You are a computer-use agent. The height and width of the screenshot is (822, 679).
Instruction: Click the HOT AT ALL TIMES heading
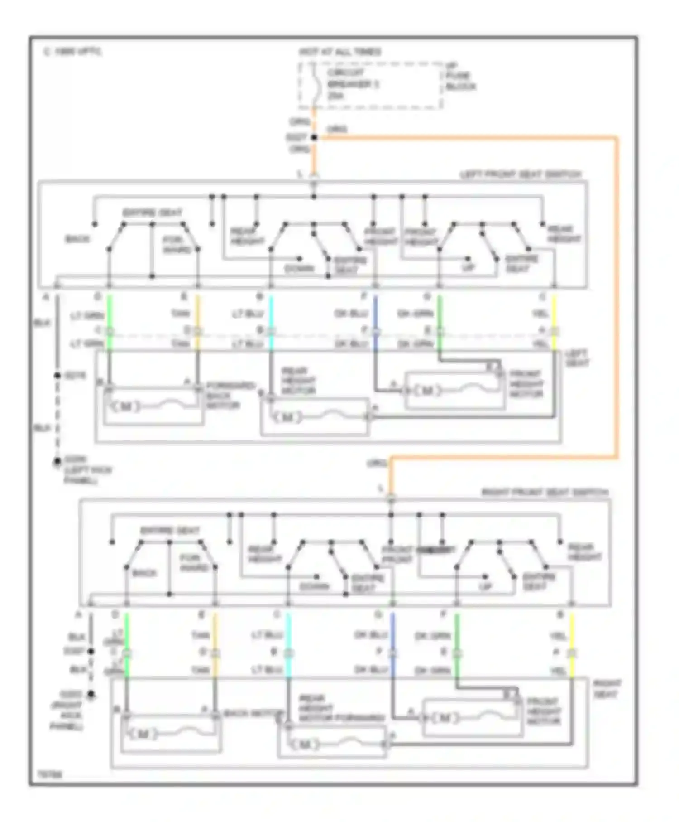click(339, 52)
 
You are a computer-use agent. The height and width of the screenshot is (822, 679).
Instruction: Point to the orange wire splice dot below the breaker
click(314, 137)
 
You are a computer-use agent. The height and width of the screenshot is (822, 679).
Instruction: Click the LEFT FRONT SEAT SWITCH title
click(521, 174)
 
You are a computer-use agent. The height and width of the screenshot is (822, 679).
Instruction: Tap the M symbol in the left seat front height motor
click(427, 391)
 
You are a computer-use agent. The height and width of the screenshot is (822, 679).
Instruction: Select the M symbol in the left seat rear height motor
click(286, 417)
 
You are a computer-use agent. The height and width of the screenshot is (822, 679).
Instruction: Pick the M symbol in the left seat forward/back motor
click(126, 406)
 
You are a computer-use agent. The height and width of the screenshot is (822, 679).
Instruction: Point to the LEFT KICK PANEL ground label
click(88, 470)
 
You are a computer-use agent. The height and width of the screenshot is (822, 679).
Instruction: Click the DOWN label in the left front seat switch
click(300, 269)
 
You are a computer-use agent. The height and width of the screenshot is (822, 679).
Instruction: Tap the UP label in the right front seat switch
click(485, 586)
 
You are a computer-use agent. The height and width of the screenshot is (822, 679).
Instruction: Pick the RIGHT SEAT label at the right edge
click(607, 689)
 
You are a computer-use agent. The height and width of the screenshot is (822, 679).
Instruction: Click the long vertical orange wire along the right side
click(616, 295)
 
